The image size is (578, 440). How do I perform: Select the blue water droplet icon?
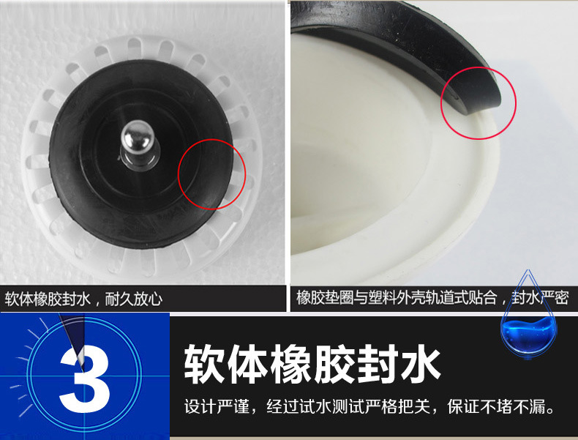(x=528, y=314)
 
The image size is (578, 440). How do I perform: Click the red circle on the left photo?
(x=178, y=174)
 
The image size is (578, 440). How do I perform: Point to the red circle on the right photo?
(x=442, y=103)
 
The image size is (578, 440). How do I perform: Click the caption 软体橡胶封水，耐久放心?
(x=83, y=299)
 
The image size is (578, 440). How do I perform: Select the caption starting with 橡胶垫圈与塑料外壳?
(x=432, y=298)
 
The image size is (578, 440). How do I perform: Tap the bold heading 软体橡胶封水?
(x=312, y=364)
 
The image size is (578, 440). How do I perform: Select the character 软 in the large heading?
(x=204, y=364)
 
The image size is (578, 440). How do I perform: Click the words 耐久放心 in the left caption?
(x=133, y=299)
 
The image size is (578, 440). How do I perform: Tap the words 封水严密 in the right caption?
(x=540, y=298)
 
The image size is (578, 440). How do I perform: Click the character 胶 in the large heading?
(x=334, y=364)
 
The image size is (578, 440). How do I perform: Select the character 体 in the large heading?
(x=247, y=364)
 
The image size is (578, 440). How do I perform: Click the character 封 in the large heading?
(x=378, y=364)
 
